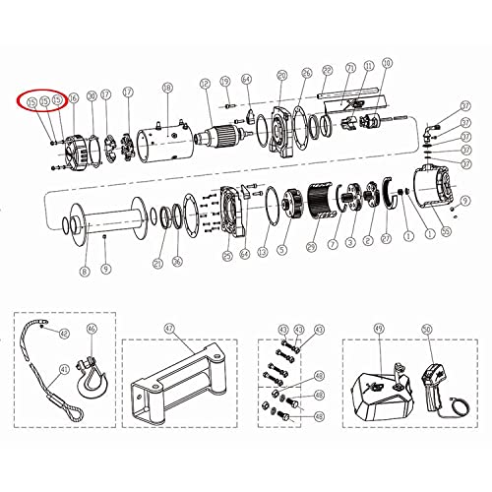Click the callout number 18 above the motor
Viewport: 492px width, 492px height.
coord(166,88)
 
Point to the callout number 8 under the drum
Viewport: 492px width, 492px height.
coord(85,270)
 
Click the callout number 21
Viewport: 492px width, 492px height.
coord(158,263)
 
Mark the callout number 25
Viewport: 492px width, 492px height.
coord(227,256)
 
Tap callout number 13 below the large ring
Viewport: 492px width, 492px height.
coord(262,252)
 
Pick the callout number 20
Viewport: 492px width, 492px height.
coord(281,75)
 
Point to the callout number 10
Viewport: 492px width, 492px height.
coord(386,63)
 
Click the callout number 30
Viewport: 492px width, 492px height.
coord(91,95)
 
